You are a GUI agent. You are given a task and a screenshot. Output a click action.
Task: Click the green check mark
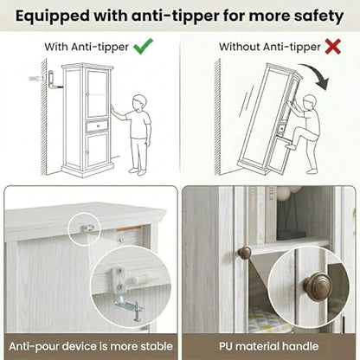click(x=144, y=46)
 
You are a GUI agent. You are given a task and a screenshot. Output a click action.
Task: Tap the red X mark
click(x=333, y=47)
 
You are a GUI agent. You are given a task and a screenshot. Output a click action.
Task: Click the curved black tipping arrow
click(x=316, y=74)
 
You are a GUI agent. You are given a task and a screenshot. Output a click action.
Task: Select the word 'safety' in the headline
click(x=318, y=16)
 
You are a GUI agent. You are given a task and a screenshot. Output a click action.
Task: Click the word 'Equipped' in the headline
click(x=52, y=16)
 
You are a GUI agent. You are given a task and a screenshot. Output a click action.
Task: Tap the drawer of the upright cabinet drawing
click(x=98, y=125)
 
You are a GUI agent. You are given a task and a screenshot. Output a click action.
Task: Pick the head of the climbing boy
click(x=310, y=102)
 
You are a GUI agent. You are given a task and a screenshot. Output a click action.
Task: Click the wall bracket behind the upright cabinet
click(x=53, y=80)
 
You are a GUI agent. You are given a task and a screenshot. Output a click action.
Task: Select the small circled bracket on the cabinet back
click(x=87, y=228)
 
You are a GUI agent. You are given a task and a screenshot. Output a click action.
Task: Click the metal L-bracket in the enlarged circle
click(x=125, y=293)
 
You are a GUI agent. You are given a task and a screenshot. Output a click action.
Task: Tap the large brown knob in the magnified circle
click(x=318, y=286)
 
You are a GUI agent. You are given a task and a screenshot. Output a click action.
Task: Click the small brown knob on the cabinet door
click(x=245, y=253)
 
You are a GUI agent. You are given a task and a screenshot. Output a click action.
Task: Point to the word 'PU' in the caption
click(x=226, y=346)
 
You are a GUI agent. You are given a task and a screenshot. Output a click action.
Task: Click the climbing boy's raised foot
click(x=291, y=146)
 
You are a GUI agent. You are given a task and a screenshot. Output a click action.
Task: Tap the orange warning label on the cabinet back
click(x=129, y=229)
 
